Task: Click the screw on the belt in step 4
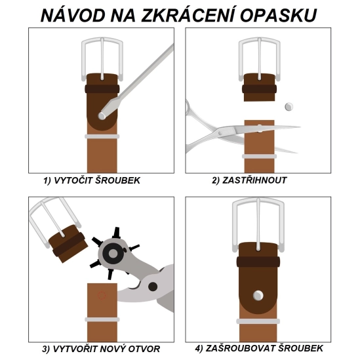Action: (x=260, y=296)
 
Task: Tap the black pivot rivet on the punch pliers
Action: (x=153, y=287)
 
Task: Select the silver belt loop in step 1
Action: (x=102, y=136)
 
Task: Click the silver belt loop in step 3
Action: (x=102, y=319)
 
